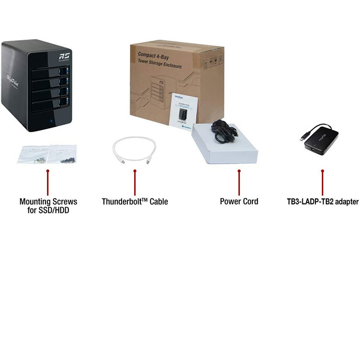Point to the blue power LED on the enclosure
[53, 122]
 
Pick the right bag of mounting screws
[63, 153]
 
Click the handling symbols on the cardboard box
[212, 63]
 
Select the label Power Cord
[239, 202]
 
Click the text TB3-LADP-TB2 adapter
[323, 202]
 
